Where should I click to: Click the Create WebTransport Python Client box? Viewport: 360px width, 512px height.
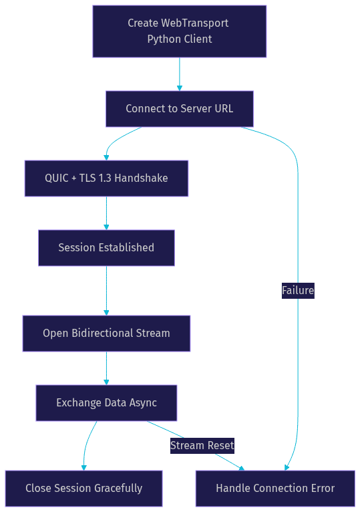(x=180, y=31)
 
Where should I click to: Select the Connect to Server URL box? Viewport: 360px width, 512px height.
(x=180, y=109)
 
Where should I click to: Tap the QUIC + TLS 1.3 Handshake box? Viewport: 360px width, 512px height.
(x=106, y=178)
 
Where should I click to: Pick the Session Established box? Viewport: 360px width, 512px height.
(x=106, y=248)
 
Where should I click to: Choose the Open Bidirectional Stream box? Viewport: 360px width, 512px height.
(x=106, y=334)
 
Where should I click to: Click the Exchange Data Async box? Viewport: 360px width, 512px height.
(x=106, y=403)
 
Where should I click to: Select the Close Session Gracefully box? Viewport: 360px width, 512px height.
(x=84, y=489)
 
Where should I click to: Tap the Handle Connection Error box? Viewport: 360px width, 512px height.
(x=275, y=489)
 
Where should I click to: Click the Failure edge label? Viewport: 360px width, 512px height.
(x=298, y=290)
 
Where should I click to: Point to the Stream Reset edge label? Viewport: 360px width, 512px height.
(x=202, y=445)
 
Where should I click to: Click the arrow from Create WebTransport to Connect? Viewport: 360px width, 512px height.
(x=180, y=74)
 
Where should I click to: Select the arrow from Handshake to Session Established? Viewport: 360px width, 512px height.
(x=106, y=213)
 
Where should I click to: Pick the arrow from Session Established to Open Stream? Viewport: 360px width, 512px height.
(x=106, y=291)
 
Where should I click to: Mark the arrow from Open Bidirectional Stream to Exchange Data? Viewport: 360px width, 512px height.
(x=106, y=368)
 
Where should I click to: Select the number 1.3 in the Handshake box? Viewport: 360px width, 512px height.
(x=105, y=178)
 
